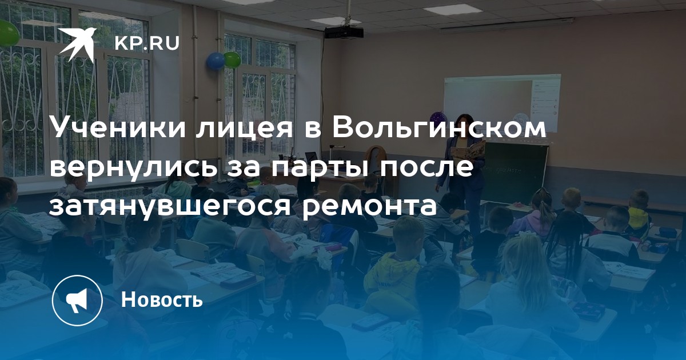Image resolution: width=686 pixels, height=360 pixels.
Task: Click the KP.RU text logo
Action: coord(147,43)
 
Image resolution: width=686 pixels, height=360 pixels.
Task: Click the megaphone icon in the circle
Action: coord(77,300)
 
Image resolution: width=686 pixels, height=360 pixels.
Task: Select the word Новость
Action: coord(162,299)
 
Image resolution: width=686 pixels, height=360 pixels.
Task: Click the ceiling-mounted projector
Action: coord(344,32)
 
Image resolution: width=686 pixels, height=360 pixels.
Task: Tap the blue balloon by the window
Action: coord(216,61)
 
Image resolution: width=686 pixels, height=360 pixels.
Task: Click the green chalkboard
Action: coord(514,173)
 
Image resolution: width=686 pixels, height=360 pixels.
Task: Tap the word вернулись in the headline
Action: coord(131,167)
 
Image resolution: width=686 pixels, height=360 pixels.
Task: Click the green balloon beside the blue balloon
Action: coord(232,59)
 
